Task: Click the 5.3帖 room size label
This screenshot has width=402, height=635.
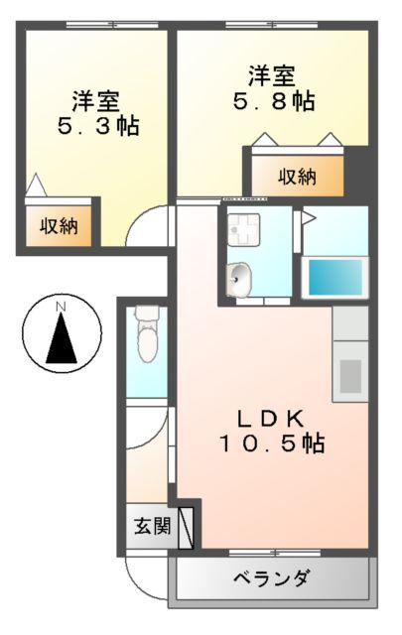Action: coord(99,126)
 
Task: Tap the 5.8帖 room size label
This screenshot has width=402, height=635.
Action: coord(274,101)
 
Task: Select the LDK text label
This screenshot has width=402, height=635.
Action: coord(271,419)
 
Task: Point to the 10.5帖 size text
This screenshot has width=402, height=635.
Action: coord(272,444)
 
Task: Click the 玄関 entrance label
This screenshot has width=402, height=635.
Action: coord(153,526)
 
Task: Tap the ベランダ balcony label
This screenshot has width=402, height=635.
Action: coord(272,577)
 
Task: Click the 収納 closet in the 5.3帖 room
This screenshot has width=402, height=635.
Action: coord(59,225)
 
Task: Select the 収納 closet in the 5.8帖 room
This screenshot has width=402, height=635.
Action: coord(298,177)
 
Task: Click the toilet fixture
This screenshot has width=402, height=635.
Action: coord(147,333)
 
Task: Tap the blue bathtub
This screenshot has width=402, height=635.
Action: coord(335,278)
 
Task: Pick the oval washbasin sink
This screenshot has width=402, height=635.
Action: coord(238,279)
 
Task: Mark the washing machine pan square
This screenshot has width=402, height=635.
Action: coord(243,229)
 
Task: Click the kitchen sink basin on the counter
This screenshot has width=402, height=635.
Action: coord(350,376)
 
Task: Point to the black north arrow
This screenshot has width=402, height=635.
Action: coord(62,338)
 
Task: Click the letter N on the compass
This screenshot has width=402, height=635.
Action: coord(61,307)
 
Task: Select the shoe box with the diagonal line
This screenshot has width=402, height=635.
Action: coord(186,528)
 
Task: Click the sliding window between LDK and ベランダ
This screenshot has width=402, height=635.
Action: coord(274,553)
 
